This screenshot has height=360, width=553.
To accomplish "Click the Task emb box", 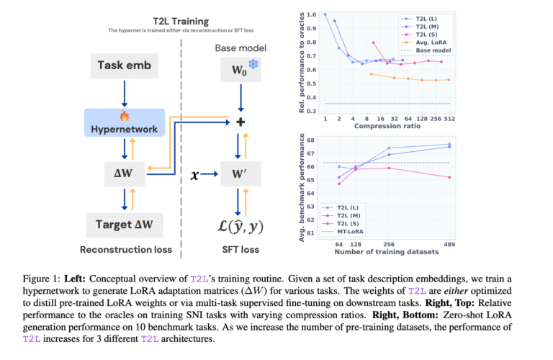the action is pos(125,66).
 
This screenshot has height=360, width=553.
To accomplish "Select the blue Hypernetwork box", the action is pos(125,122).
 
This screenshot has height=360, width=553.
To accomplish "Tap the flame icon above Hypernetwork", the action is pos(125,116).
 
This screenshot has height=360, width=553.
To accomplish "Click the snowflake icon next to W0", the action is pos(253,64).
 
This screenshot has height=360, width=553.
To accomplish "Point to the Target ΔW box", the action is pos(125,225).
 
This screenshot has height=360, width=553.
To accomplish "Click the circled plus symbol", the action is pos(240,122).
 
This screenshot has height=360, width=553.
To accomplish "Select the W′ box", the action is pos(241,174).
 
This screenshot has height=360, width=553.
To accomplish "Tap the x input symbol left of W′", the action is pos(194,175).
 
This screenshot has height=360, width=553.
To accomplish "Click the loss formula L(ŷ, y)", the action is pos(240,226).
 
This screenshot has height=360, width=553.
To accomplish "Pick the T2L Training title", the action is pos(181,22).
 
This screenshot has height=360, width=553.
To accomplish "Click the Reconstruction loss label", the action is pos(126,250).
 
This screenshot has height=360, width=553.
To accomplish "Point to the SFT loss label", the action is pos(240,250).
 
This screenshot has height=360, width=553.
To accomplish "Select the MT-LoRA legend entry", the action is pos(343,232).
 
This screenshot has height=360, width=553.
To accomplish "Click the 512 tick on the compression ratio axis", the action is pos(449,119).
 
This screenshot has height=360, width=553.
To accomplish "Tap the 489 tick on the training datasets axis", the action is pos(449,244).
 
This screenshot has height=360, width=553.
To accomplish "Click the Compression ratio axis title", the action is pos(387,126).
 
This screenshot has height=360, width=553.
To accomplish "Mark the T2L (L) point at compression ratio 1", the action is pos(325,14).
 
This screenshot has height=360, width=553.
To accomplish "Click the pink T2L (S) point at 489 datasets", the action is pos(449,177).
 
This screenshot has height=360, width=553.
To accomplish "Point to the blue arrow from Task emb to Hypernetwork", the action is pos(125,94).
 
